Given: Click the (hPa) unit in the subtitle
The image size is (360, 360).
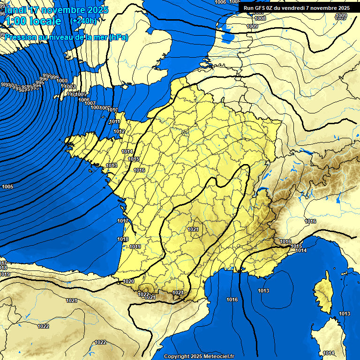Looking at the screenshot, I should (x=118, y=37).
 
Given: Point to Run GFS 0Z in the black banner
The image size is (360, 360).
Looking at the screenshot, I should (x=261, y=8).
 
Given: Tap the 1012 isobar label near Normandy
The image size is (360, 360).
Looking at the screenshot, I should (x=119, y=132).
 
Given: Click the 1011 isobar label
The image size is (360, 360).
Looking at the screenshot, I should (x=114, y=122).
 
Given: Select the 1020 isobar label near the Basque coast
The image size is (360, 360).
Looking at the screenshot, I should (x=128, y=281).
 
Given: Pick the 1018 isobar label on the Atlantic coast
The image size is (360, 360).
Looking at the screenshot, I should (x=123, y=239).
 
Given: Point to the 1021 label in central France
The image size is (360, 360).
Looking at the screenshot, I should (x=193, y=229).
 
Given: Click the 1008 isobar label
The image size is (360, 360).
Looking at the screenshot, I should (x=260, y=18).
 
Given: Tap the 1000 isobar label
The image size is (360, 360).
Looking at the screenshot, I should (x=62, y=81).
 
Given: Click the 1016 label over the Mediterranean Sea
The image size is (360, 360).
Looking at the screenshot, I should (x=232, y=300).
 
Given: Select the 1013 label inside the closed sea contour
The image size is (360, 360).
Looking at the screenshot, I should (x=263, y=291).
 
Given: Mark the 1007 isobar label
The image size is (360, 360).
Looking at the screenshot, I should (x=90, y=103).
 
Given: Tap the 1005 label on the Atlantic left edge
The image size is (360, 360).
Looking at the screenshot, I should (x=7, y=187).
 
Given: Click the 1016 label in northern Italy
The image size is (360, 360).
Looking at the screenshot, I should (x=310, y=221).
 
